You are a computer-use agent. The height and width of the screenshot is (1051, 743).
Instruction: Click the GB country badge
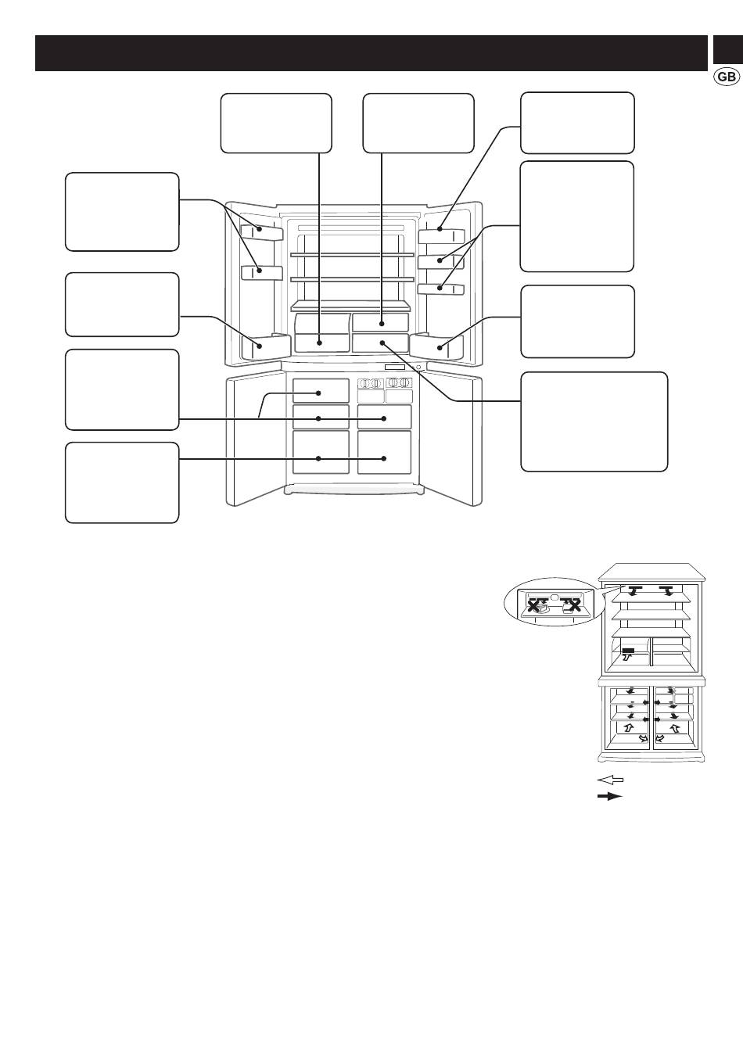click(x=727, y=77)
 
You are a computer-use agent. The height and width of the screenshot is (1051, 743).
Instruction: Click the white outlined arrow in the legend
click(x=610, y=780)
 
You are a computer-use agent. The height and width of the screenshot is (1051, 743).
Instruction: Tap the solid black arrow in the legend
click(x=610, y=796)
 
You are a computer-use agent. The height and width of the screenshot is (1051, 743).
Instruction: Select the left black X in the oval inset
click(x=534, y=606)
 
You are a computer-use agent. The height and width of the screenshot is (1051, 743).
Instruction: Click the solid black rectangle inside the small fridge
click(x=629, y=651)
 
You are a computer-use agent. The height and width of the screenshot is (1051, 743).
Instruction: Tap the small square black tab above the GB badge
click(x=728, y=49)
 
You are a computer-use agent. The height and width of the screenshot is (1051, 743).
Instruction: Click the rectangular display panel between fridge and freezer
click(x=395, y=367)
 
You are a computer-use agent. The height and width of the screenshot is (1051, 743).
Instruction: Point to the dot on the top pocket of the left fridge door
click(x=259, y=229)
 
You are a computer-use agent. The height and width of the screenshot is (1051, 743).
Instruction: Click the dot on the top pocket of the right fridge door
click(x=440, y=229)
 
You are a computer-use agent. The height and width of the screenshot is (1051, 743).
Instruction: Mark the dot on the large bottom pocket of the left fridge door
click(x=259, y=346)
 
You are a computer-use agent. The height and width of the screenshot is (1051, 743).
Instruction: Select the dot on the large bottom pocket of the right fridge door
click(x=440, y=348)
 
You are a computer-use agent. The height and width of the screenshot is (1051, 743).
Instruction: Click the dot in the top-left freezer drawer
click(x=318, y=393)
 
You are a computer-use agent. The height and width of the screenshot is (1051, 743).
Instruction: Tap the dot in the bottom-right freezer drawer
click(x=384, y=458)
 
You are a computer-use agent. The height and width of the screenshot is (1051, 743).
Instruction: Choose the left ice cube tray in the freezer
click(x=371, y=383)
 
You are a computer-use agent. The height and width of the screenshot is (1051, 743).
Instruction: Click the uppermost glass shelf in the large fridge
click(x=352, y=255)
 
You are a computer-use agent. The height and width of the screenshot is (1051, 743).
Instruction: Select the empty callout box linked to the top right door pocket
click(x=577, y=123)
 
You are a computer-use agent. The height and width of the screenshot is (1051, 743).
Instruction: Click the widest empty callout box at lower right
click(x=594, y=421)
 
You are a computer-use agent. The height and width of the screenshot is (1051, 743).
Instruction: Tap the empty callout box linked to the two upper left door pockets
click(x=122, y=212)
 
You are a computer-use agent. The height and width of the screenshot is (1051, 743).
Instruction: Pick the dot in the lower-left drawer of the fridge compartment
click(x=320, y=343)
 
